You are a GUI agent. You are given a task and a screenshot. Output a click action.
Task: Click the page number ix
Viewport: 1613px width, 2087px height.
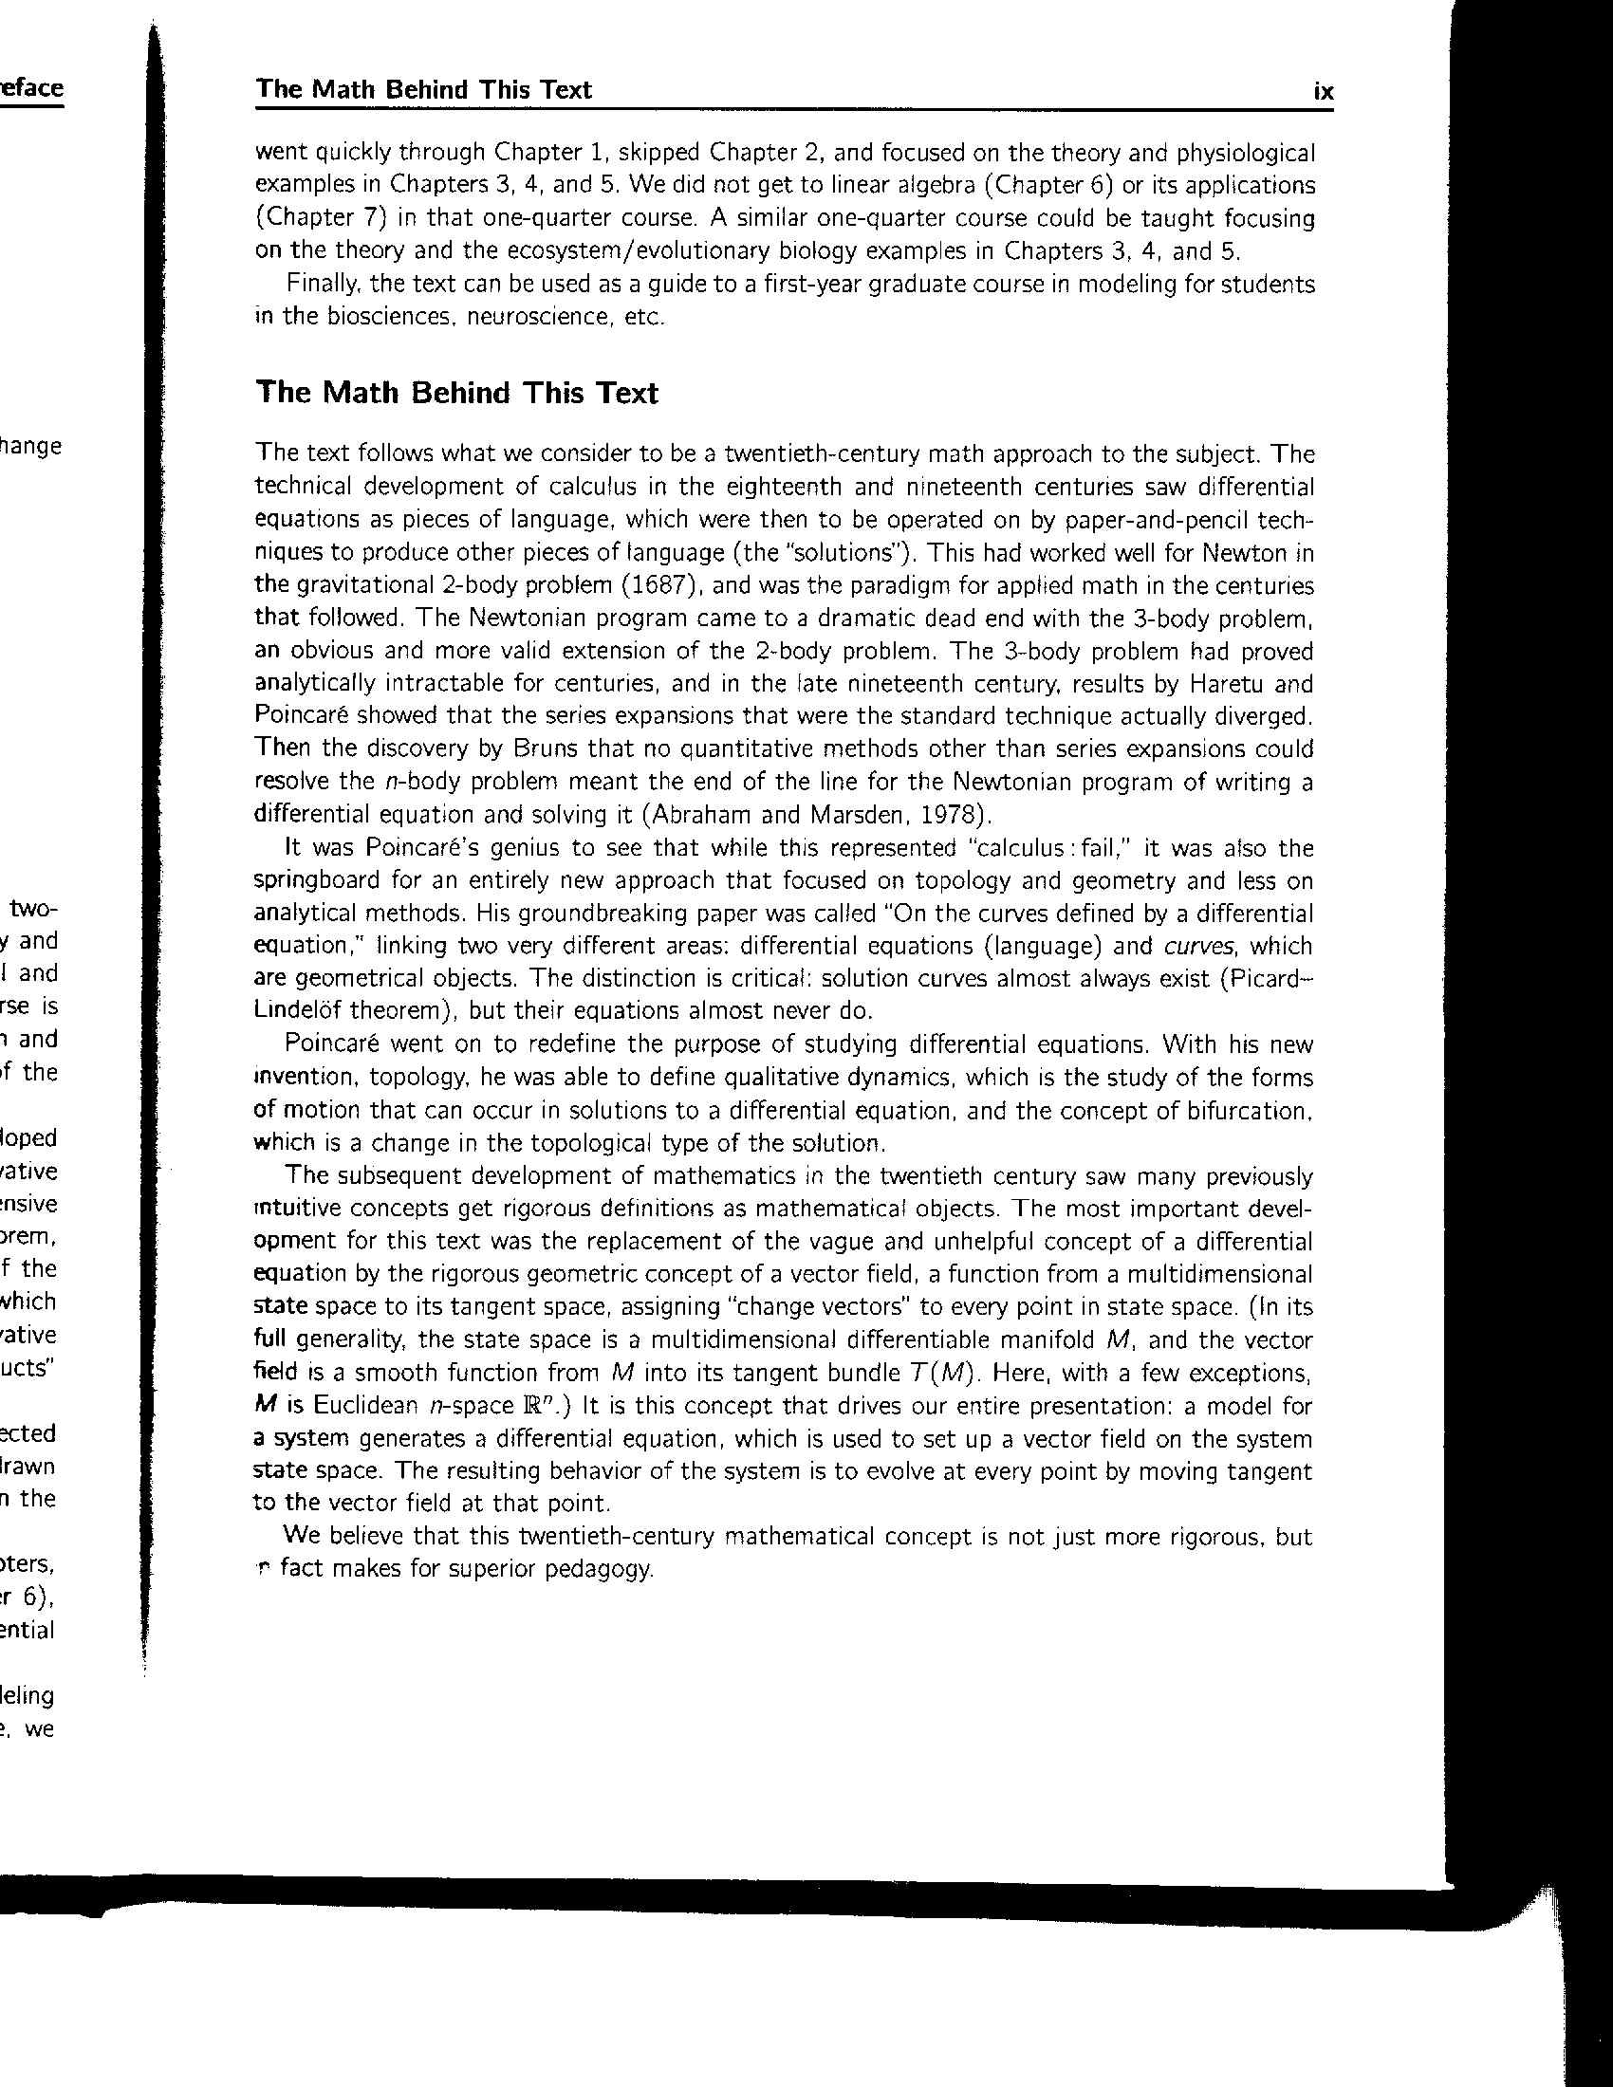click(1323, 93)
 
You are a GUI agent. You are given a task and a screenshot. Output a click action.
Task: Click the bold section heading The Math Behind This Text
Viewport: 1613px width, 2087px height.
click(456, 393)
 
